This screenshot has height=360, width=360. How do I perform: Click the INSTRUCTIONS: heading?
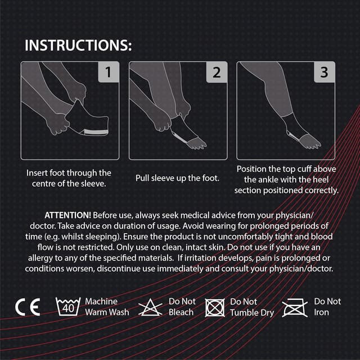tap(79, 45)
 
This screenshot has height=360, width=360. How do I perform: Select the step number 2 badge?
tap(216, 73)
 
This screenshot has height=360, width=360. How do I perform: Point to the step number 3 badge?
tap(323, 73)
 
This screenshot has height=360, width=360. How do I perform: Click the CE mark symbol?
tap(28, 307)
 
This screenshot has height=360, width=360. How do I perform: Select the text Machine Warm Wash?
tap(107, 307)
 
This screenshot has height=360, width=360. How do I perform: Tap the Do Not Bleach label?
tap(182, 307)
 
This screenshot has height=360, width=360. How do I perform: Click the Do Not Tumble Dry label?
tap(251, 307)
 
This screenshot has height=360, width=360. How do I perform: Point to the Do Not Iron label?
tap(327, 307)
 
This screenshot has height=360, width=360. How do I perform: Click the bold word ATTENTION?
tap(67, 215)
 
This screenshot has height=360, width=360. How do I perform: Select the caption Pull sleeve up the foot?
tap(177, 178)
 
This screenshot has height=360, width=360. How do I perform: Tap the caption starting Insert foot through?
tap(69, 178)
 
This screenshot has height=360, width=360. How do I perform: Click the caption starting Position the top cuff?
tap(287, 179)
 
